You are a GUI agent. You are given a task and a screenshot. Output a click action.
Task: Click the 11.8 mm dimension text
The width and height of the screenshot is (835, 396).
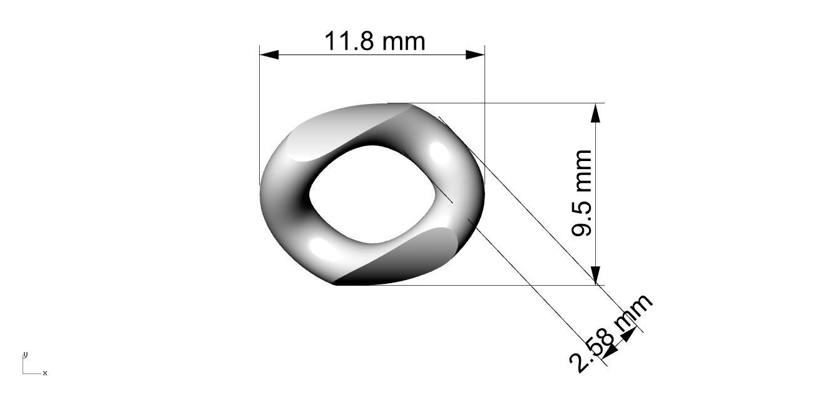point(374,41)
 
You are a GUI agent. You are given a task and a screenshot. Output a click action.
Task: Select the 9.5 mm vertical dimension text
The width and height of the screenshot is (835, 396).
point(581,193)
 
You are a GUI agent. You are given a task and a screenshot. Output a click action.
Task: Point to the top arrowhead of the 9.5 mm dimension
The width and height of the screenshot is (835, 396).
point(595,113)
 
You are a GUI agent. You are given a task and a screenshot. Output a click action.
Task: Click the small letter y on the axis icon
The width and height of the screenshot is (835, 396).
point(25,355)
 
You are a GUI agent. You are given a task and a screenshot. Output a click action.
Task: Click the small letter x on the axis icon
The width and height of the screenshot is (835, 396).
point(45,373)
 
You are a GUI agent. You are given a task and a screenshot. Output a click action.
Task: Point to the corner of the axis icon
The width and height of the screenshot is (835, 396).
point(23,373)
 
